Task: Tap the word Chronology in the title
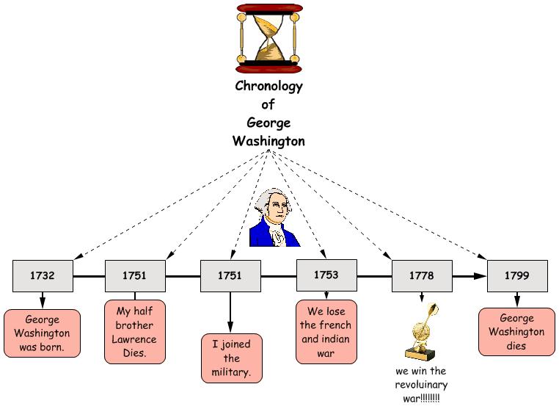[268, 86]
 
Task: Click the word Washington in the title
[268, 140]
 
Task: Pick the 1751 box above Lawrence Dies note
[134, 276]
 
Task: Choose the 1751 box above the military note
[230, 276]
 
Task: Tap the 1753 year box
[326, 275]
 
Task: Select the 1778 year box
[421, 276]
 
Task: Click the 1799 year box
[517, 276]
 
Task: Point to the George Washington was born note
[42, 333]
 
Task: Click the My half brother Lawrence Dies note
[134, 331]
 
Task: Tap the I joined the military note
[232, 358]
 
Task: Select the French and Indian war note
[326, 331]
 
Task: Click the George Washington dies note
[517, 332]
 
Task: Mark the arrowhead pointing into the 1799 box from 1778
[481, 276]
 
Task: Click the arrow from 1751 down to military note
[230, 312]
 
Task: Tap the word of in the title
[268, 104]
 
